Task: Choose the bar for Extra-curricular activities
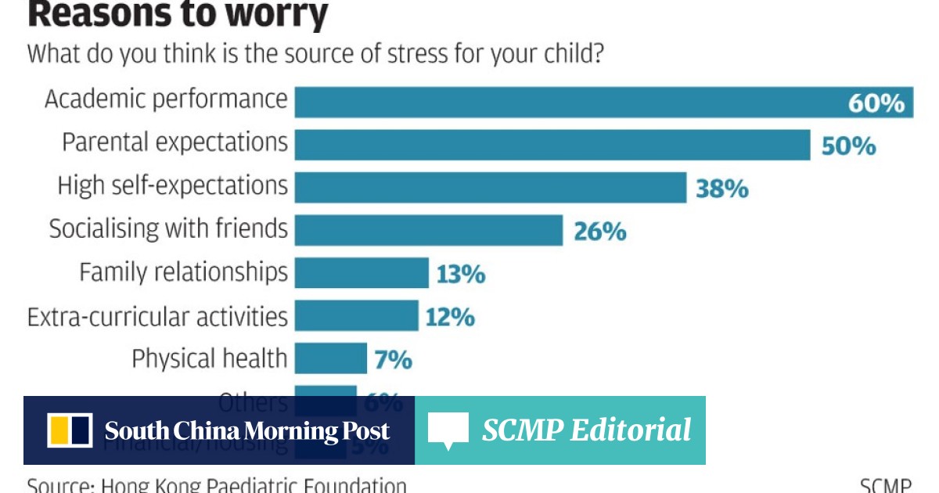pyautogui.click(x=356, y=316)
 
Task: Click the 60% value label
pyautogui.click(x=876, y=103)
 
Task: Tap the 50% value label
pyautogui.click(x=848, y=146)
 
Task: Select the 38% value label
pyautogui.click(x=722, y=189)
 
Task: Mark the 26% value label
pyautogui.click(x=599, y=232)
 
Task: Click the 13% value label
pyautogui.click(x=462, y=275)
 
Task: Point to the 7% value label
pyautogui.click(x=394, y=360)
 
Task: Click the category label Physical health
pyautogui.click(x=209, y=358)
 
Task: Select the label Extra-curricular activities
pyautogui.click(x=157, y=317)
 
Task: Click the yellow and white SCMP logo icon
pyautogui.click(x=70, y=430)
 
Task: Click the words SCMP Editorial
pyautogui.click(x=586, y=430)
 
